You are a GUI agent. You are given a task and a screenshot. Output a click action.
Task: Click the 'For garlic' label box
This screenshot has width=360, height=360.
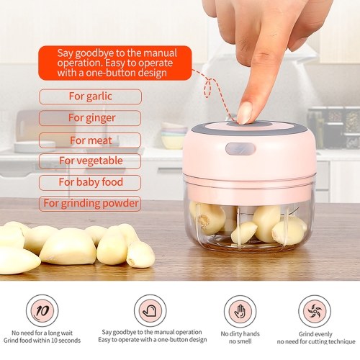tap(90, 96)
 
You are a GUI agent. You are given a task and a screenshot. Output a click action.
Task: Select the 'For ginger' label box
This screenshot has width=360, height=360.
tap(90, 118)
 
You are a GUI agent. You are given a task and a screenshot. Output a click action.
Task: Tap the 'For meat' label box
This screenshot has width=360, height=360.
tap(90, 140)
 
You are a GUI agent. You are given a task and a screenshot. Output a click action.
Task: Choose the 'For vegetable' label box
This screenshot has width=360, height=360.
tap(90, 161)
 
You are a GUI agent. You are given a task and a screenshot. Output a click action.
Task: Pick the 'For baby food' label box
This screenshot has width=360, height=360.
tap(90, 183)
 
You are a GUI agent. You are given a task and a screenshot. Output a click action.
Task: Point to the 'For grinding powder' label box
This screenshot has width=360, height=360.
tap(90, 204)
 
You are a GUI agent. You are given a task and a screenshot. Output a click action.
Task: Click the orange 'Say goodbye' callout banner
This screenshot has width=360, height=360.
tap(115, 63)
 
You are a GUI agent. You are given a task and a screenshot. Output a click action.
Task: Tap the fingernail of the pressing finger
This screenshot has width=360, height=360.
tap(245, 113)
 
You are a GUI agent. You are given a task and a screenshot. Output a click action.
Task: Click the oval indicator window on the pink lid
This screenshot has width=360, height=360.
tap(240, 149)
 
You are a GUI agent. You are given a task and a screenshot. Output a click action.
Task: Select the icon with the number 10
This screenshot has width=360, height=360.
tap(42, 311)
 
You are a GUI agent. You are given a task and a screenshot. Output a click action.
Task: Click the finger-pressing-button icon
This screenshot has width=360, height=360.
tap(150, 311)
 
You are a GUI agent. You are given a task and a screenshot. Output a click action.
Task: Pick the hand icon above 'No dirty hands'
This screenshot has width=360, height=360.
tap(240, 312)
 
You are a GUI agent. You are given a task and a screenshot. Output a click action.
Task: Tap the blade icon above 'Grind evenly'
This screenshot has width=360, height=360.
tap(315, 311)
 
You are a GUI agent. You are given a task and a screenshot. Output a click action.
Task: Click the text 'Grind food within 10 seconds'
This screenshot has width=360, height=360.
tap(42, 341)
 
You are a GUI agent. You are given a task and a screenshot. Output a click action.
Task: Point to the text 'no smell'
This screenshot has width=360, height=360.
tap(240, 341)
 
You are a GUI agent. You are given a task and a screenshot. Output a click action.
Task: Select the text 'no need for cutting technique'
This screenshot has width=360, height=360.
tap(316, 341)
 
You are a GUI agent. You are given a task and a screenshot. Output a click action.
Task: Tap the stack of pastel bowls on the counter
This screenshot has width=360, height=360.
tap(174, 135)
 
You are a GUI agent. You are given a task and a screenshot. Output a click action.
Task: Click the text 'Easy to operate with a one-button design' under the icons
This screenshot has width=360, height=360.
tap(153, 340)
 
